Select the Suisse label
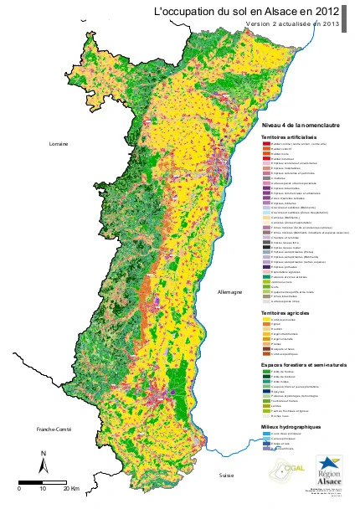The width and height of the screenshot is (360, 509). tap(227, 475)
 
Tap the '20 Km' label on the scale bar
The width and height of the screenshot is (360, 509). tap(71, 488)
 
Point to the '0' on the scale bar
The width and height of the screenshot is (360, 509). tap(19, 488)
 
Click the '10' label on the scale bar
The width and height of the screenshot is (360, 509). tap(44, 488)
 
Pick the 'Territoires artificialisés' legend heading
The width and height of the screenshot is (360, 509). tap(289, 136)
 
